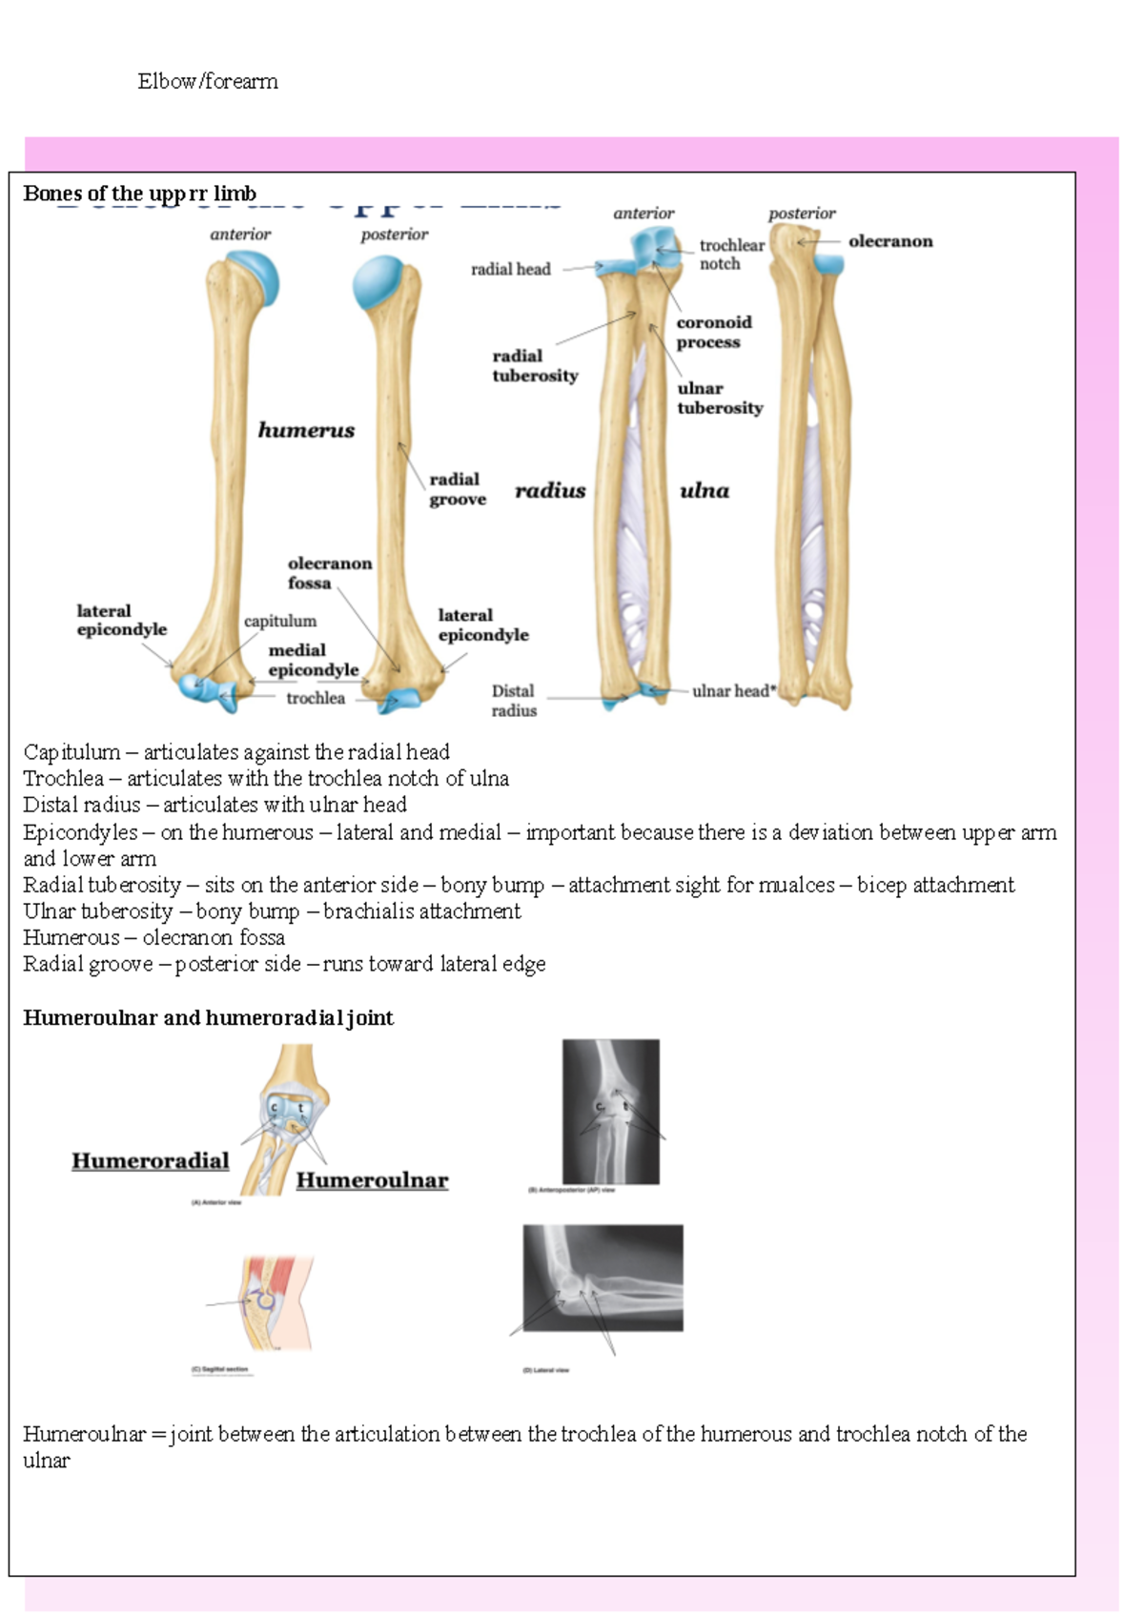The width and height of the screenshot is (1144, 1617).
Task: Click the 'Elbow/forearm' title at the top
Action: pos(208,82)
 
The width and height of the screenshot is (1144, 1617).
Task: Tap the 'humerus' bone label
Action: pos(306,431)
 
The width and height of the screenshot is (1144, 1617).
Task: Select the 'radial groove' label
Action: pos(457,489)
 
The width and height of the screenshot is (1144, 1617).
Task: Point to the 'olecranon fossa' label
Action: pos(329,573)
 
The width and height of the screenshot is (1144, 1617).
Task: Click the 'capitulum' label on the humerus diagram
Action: pos(279,622)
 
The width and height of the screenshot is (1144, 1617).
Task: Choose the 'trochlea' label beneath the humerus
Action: pos(316,699)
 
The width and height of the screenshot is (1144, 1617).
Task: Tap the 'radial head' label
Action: pos(510,270)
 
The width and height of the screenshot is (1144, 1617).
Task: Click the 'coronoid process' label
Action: pos(713,332)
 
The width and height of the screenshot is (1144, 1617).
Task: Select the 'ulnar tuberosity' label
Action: pos(720,399)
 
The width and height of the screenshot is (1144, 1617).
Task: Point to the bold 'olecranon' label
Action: pos(889,242)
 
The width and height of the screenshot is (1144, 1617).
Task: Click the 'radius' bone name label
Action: pos(550,491)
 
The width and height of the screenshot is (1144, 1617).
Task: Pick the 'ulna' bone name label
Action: pos(705,491)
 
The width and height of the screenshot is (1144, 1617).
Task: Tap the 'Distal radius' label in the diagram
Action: pos(514,701)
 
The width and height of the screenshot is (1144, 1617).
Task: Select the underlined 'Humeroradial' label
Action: pos(151,1161)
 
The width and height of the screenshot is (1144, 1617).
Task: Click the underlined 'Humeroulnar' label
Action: pos(372,1180)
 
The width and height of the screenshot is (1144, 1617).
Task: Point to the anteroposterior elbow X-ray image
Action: pos(610,1112)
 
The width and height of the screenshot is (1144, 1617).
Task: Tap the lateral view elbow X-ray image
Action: pos(603,1278)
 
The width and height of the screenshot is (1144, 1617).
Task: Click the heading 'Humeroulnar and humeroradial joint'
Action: pos(208,1018)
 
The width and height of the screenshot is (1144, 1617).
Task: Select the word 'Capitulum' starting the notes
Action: pos(71,752)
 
